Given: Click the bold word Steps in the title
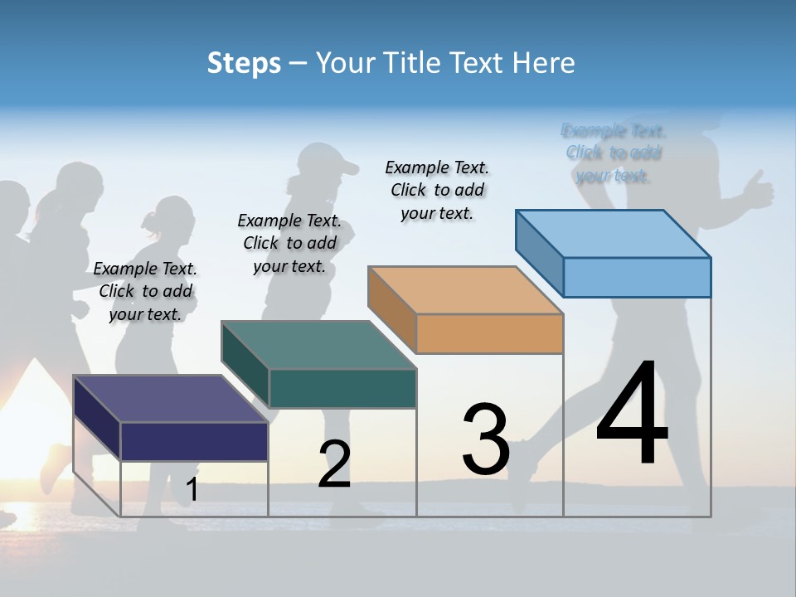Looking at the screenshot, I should pos(244,63).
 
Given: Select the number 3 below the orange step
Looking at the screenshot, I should pos(485,439).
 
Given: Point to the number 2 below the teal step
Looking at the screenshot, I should pos(334,464).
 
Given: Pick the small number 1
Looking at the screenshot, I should pos(192,489).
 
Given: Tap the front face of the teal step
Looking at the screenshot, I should pos(342,388).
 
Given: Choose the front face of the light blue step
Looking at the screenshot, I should pos(637,277).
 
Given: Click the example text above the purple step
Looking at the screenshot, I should pos(145,291).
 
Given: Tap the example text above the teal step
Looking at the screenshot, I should pos(289,243).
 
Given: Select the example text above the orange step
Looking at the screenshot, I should pos(437,190).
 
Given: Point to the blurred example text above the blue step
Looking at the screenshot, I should pos(614,153).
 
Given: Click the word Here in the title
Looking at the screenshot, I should pos(543,63).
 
